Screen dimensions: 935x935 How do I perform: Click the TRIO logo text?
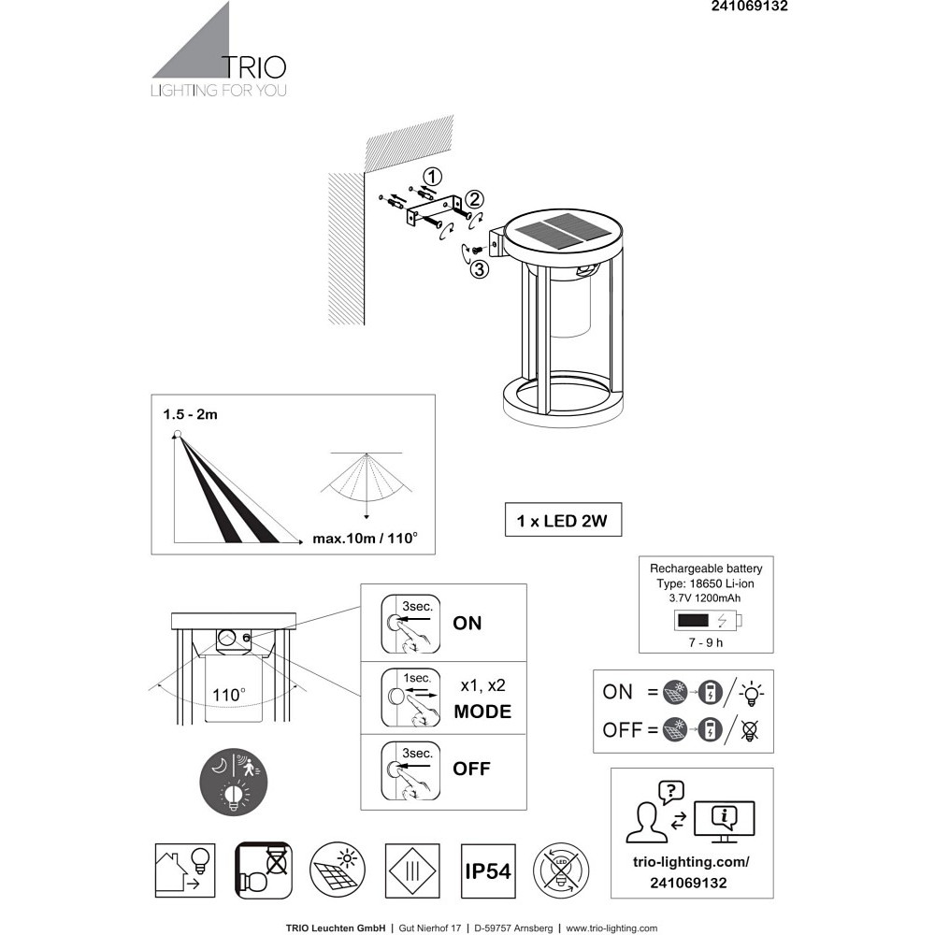254,67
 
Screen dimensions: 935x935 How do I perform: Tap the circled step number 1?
432,177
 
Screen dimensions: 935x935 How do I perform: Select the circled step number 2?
473,199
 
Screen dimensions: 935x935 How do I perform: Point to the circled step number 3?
480,269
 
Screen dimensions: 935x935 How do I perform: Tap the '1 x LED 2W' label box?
563,520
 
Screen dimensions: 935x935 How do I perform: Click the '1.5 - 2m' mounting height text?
190,414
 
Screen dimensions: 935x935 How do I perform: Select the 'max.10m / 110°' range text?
365,539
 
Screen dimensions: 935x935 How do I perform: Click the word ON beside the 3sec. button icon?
467,623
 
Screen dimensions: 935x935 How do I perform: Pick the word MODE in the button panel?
482,712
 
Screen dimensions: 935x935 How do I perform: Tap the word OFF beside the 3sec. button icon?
471,769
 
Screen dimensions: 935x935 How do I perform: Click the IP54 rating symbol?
488,871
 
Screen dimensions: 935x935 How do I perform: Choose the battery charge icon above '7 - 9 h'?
708,620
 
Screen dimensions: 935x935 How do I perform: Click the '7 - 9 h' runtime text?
705,642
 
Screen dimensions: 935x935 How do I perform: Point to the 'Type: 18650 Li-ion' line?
705,583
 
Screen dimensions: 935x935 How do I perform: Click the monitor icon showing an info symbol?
725,822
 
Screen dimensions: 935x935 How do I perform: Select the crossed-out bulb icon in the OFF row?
750,730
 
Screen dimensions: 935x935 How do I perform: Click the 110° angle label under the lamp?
228,695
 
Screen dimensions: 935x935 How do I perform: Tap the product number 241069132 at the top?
750,6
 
